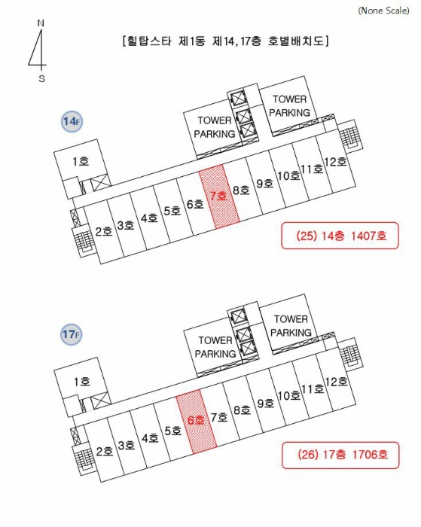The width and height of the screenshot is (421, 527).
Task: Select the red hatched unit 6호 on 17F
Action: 197,421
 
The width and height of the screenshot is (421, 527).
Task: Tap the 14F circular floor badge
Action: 72,121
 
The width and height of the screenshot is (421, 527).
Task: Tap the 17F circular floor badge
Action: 72,334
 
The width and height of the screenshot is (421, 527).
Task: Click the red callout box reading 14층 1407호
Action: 340,236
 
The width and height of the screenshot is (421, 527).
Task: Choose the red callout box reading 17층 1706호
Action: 340,455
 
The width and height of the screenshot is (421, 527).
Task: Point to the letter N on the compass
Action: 41,23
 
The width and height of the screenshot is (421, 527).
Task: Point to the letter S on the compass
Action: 41,78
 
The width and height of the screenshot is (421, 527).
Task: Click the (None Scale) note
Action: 383,11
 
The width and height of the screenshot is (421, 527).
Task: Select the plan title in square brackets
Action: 226,41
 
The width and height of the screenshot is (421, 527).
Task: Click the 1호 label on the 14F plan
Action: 81,161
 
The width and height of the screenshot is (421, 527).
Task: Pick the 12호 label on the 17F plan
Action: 336,382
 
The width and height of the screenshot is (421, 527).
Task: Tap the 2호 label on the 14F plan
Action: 104,231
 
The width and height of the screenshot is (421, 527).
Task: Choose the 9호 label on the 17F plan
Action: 266,403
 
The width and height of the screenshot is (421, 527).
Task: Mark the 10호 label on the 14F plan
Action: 289,175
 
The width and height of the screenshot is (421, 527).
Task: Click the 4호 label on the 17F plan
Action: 150,438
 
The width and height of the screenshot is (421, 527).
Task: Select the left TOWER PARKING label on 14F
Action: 215,127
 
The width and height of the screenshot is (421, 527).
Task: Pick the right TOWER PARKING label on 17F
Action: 291,326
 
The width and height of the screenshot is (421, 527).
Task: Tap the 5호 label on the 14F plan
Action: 172,211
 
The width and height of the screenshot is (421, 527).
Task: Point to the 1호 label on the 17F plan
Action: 82,382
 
